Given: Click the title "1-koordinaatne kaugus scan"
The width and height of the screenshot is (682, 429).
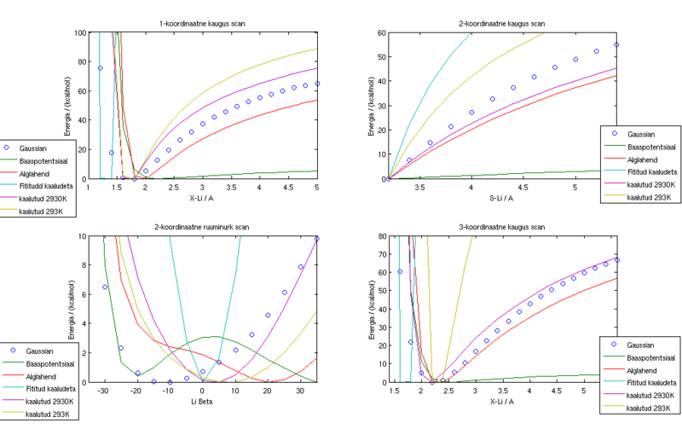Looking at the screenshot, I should [209, 23].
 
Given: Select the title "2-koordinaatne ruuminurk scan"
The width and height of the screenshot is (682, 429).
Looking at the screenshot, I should [208, 226].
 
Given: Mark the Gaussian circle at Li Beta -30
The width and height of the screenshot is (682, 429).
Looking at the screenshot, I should [105, 287].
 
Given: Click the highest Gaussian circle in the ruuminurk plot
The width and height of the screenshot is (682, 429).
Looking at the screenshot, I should [317, 239].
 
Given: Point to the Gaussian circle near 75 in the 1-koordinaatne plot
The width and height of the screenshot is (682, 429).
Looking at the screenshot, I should [100, 68].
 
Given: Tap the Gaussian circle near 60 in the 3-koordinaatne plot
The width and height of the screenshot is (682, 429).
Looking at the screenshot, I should [399, 272].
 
